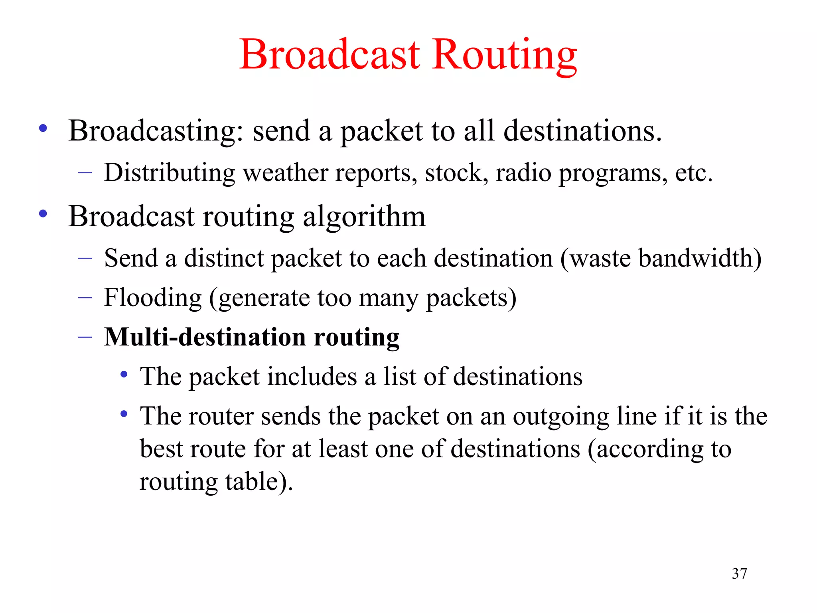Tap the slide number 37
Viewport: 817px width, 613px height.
[x=739, y=573]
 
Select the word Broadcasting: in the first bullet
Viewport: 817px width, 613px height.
[x=156, y=132]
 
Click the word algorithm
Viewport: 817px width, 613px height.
[x=364, y=218]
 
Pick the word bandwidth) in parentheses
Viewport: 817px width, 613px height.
[x=700, y=258]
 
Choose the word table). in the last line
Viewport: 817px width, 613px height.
[x=259, y=482]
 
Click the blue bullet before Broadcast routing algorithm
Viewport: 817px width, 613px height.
[x=43, y=214]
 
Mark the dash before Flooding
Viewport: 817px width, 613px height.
[x=85, y=298]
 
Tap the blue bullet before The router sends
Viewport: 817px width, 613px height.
[x=124, y=414]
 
